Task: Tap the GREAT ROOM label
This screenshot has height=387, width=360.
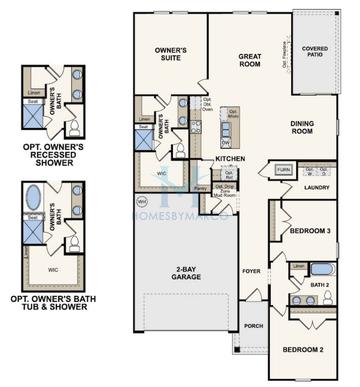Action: (249, 61)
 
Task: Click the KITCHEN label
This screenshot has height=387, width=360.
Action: (230, 158)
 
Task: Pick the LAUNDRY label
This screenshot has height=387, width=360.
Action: (317, 187)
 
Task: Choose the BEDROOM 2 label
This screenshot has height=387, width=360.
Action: (302, 349)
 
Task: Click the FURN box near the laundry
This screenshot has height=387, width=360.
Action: (284, 170)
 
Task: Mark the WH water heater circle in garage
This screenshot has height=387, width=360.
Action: (141, 201)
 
